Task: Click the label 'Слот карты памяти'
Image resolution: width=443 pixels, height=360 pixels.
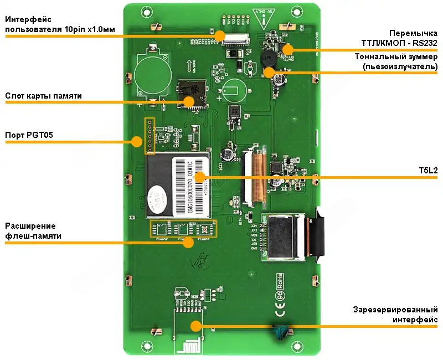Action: [43, 96]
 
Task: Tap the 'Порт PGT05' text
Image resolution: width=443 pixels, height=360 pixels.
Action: [29, 135]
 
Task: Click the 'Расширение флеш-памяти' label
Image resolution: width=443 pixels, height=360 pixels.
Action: [33, 231]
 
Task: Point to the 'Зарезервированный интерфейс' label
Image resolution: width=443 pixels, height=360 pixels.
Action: [395, 314]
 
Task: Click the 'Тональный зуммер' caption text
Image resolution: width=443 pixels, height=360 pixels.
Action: [396, 61]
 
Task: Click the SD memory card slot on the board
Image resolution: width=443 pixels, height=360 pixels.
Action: [192, 93]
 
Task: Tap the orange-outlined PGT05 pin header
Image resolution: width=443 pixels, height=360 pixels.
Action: [149, 135]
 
